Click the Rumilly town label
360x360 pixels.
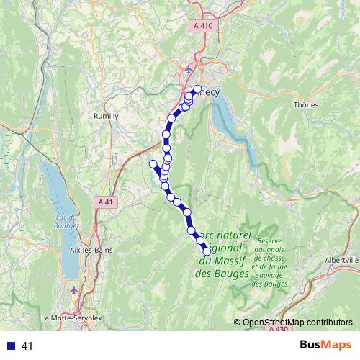point(105,115)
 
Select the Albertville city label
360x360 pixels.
point(342,260)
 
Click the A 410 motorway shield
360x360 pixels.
point(204,26)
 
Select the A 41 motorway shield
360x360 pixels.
point(106,204)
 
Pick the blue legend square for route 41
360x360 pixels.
point(9,346)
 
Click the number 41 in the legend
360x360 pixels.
point(27,346)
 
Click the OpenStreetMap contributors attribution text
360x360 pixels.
point(297,323)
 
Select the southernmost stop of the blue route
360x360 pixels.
point(207,251)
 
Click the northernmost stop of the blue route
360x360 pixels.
point(197,89)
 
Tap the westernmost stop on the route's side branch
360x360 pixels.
point(153,164)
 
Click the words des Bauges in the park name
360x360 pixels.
point(222,274)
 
